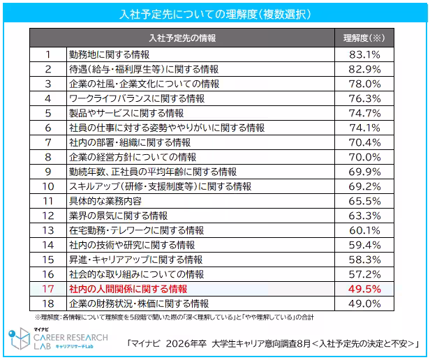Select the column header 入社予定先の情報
(182, 38)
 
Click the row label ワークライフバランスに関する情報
(136, 98)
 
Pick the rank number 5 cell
(48, 113)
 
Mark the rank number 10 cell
(48, 186)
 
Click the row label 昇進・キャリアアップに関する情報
(136, 260)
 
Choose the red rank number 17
(48, 289)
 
